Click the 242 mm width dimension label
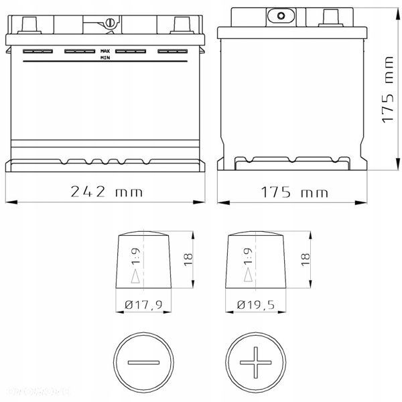coord(107,192)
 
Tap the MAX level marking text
coord(105,51)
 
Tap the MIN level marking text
coord(105,58)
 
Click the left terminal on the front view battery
coord(30,25)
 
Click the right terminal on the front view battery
coord(181,25)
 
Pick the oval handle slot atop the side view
coord(280,15)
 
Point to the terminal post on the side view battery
coord(330,17)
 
